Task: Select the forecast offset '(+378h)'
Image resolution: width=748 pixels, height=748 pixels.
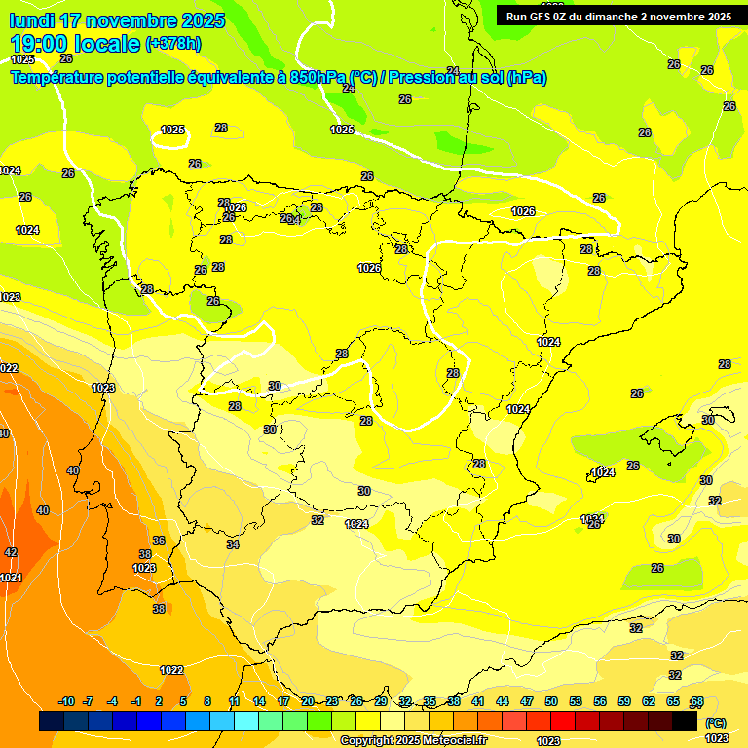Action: pyautogui.click(x=173, y=44)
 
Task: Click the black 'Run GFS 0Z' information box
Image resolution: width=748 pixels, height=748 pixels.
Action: pyautogui.click(x=618, y=17)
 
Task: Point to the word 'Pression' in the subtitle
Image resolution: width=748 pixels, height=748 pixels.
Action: pyautogui.click(x=423, y=78)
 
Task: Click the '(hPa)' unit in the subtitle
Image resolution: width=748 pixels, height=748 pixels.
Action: pyautogui.click(x=526, y=78)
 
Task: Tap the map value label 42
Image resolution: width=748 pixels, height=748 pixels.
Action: pyautogui.click(x=11, y=552)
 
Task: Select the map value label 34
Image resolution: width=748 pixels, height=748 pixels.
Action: pyautogui.click(x=233, y=544)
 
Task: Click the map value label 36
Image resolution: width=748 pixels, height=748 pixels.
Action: pyautogui.click(x=159, y=541)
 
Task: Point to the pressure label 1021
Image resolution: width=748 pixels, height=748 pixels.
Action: pyautogui.click(x=11, y=578)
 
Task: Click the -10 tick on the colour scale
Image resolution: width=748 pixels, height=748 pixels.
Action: pyautogui.click(x=66, y=701)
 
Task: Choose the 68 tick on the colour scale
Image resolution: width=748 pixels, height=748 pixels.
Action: pyautogui.click(x=697, y=701)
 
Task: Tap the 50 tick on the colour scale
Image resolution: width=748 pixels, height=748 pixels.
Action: pyautogui.click(x=551, y=701)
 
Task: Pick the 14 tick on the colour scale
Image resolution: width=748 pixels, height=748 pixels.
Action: pyautogui.click(x=259, y=701)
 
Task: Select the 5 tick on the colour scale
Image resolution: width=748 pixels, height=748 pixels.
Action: pyautogui.click(x=183, y=701)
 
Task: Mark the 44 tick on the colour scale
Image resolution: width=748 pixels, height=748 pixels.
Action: pyautogui.click(x=503, y=701)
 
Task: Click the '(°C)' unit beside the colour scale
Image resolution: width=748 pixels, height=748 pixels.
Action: pyautogui.click(x=715, y=723)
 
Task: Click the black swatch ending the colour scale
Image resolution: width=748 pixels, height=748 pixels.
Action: pyautogui.click(x=685, y=721)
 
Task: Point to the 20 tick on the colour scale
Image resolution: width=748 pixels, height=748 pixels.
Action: pyautogui.click(x=308, y=701)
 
